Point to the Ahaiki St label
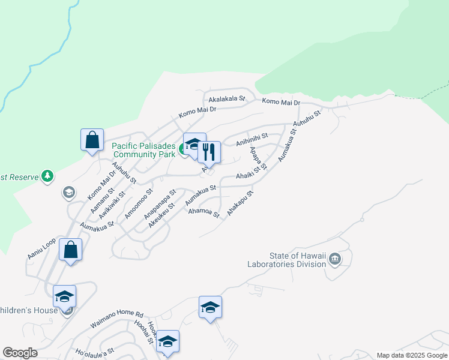251,175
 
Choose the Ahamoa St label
204,212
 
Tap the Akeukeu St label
161,214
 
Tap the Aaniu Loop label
41,248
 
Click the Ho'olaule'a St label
94,351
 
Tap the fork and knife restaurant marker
209,151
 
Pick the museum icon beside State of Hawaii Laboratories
335,259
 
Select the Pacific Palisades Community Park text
143,149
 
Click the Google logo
20,353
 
